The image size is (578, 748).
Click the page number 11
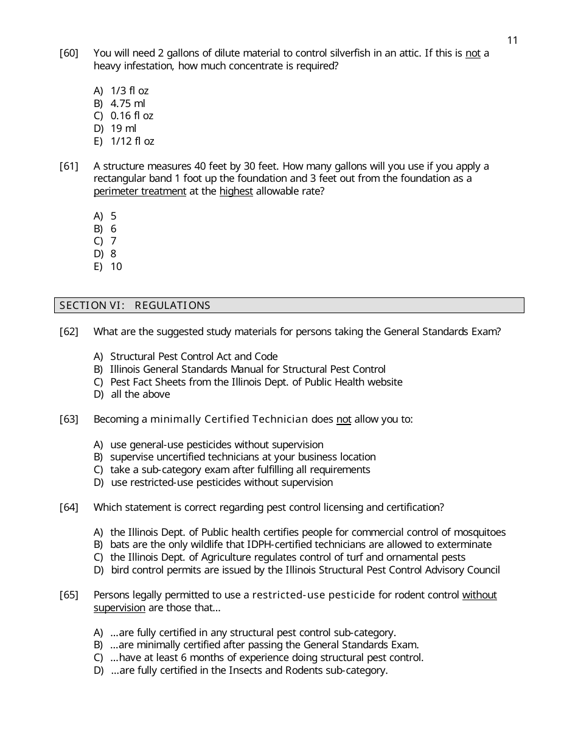(512, 40)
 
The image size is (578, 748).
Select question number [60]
(69, 54)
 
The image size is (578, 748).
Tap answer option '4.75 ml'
(128, 103)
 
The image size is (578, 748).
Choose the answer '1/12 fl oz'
(132, 141)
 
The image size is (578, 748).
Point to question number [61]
(69, 167)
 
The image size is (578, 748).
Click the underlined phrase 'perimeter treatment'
(139, 192)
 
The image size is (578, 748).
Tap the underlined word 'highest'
(236, 192)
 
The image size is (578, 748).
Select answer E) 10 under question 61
(116, 266)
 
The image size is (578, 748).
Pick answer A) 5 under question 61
(113, 216)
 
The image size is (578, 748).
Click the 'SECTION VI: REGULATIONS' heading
(135, 305)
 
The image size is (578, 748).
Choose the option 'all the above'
(140, 395)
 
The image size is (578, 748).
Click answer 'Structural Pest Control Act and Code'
(193, 357)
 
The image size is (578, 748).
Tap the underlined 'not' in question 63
(344, 420)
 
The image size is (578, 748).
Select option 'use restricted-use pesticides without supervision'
(222, 483)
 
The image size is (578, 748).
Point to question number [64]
(69, 508)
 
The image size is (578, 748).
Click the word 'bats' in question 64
(120, 545)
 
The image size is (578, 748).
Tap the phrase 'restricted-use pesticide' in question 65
(313, 595)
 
